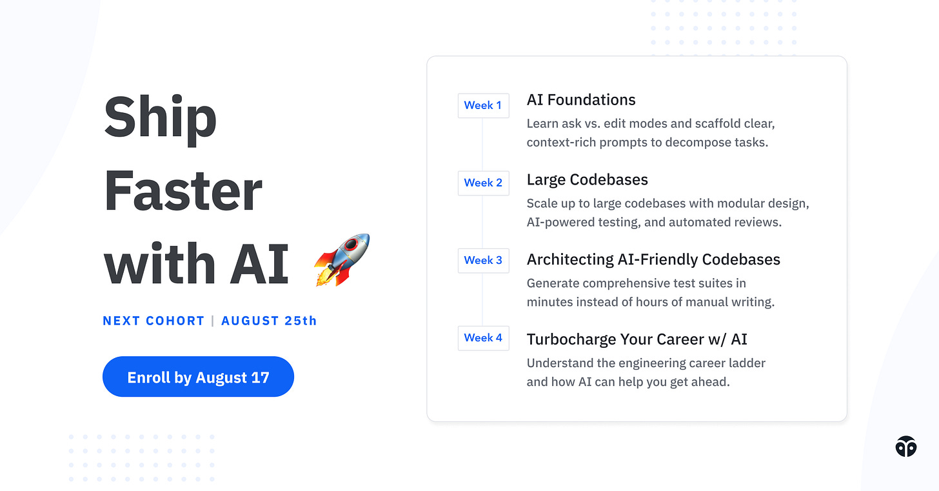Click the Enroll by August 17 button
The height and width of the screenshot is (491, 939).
[198, 377]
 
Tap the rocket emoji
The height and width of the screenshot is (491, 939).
[342, 259]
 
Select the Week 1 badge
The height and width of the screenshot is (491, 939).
[483, 105]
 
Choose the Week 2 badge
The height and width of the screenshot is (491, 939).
[483, 183]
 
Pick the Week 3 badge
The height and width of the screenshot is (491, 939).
[483, 260]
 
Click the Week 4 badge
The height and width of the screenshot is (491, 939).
[483, 337]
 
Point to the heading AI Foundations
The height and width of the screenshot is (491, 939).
[581, 100]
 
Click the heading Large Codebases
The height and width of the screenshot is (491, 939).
[588, 180]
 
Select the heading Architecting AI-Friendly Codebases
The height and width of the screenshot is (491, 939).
[653, 259]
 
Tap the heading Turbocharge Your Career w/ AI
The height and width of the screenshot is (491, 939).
[637, 339]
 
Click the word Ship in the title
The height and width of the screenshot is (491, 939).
[160, 117]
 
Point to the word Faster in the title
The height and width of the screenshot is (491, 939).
[183, 190]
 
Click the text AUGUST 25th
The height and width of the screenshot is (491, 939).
[269, 321]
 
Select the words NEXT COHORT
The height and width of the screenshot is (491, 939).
[153, 321]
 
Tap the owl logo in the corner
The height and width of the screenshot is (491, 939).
[906, 446]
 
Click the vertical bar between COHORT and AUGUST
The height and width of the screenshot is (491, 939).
[213, 321]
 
